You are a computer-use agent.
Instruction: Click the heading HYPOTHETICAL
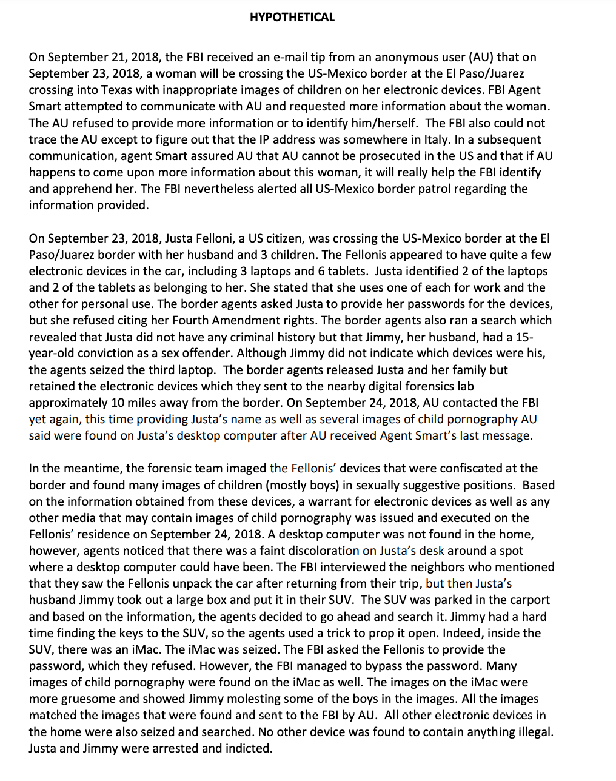coord(292,18)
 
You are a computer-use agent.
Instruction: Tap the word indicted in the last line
coord(249,748)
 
